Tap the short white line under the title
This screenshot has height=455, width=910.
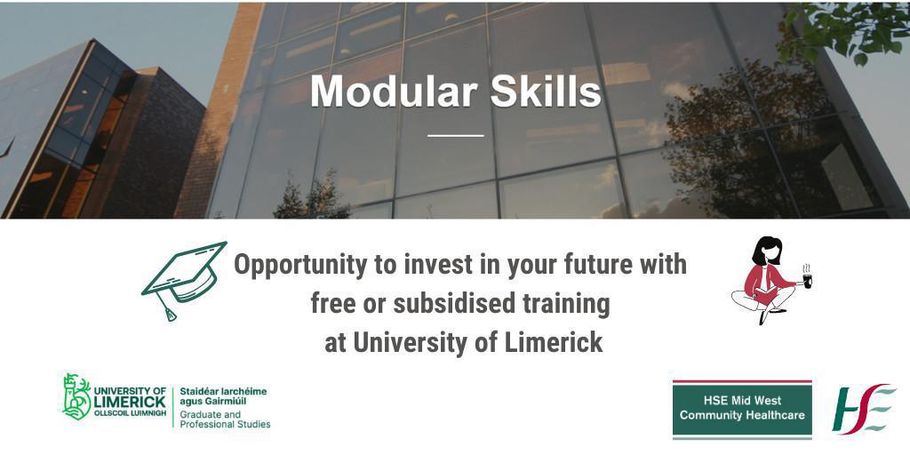point(455,135)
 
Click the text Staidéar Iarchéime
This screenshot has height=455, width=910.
point(223,391)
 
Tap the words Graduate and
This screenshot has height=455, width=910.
point(210,414)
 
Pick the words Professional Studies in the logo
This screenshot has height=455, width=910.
point(225,425)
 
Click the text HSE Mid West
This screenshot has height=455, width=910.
point(741,402)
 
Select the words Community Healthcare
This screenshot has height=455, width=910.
point(741,415)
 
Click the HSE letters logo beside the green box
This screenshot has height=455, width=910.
point(863,409)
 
